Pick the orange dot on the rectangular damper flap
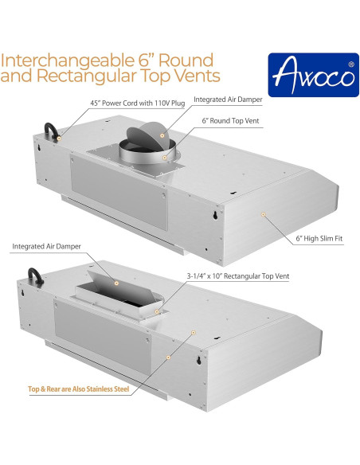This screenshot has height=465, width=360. [116, 283]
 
